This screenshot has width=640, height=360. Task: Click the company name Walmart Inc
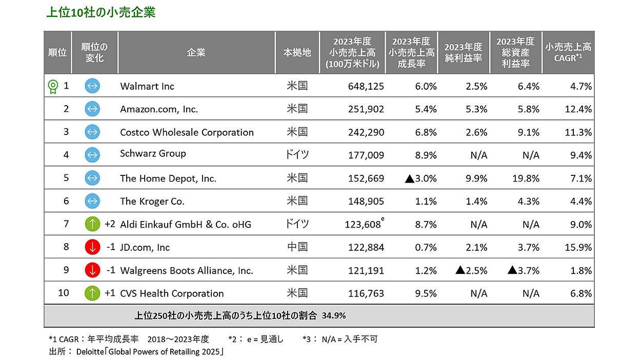(147, 86)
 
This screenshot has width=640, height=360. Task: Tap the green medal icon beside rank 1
(52, 86)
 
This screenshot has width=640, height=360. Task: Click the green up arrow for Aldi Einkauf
(92, 224)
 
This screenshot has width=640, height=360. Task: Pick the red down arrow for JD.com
(92, 247)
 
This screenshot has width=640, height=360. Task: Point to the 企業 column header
(196, 53)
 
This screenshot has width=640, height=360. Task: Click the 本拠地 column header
(297, 53)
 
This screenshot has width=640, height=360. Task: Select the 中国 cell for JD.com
(297, 247)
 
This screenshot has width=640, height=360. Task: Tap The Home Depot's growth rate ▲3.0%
(421, 178)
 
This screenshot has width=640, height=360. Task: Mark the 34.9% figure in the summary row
(334, 316)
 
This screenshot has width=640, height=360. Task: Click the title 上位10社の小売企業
(101, 13)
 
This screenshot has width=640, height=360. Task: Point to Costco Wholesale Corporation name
(187, 132)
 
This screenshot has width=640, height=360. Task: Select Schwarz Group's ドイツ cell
(297, 154)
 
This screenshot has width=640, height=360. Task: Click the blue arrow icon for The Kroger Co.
(92, 201)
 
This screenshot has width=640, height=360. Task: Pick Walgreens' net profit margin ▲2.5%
(471, 270)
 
